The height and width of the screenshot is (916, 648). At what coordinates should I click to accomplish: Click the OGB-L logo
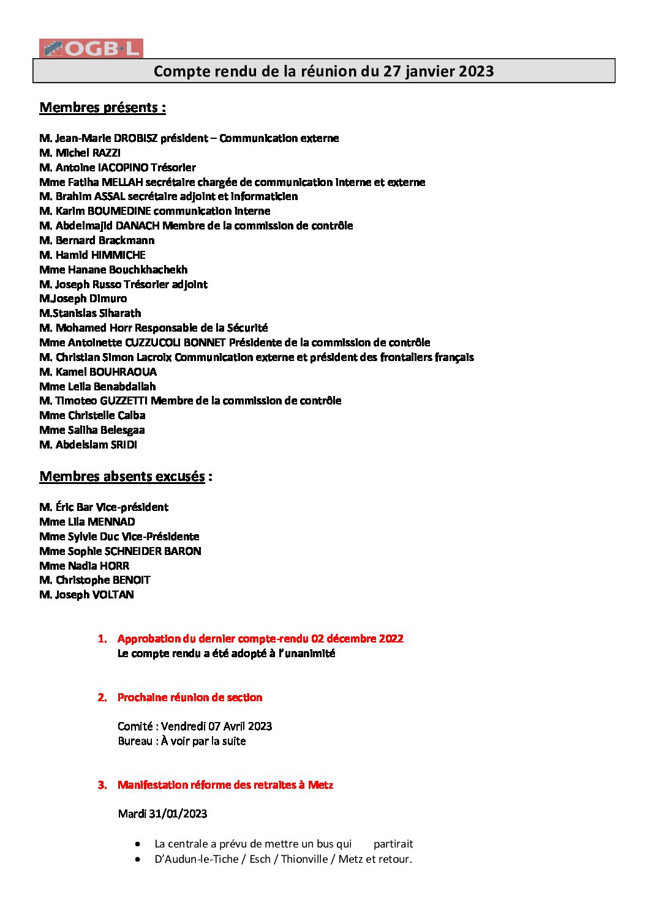[x=91, y=48]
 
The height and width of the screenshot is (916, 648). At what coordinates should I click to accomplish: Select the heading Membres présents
[x=102, y=108]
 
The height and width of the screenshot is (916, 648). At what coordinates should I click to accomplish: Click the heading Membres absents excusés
[x=122, y=477]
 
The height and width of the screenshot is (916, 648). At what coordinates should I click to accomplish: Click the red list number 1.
[x=102, y=639]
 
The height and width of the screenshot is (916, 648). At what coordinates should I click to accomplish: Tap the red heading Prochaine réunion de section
[x=190, y=698]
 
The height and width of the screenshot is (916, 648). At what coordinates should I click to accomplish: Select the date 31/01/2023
[x=178, y=814]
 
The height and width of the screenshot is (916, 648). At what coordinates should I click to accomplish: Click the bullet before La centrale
[x=138, y=844]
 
